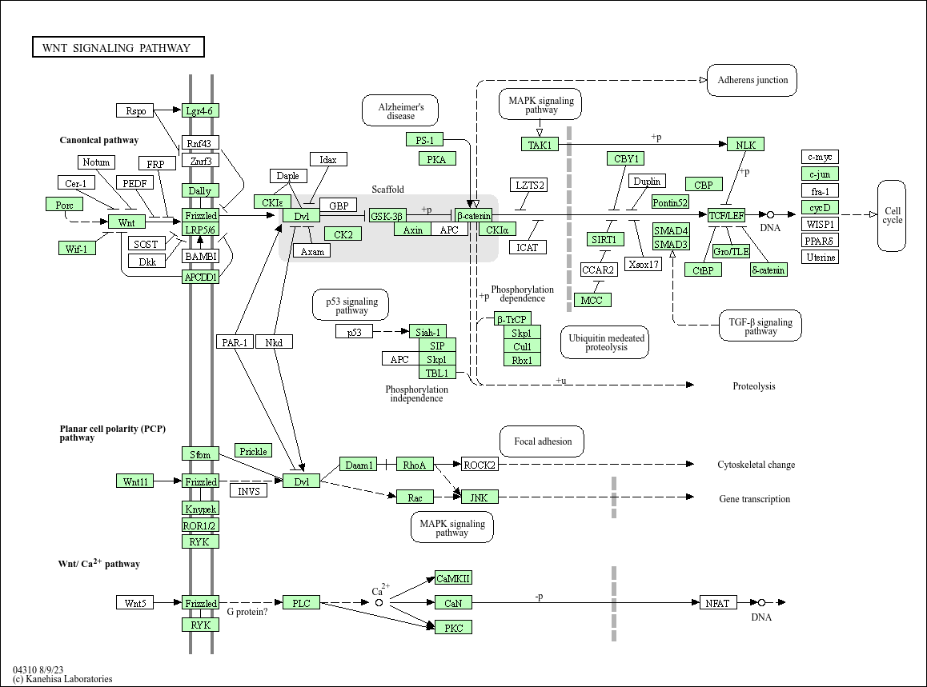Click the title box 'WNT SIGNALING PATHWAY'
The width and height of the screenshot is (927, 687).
coord(118,48)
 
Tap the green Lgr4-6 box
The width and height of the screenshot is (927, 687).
coord(200,110)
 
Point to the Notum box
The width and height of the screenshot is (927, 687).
coord(96,162)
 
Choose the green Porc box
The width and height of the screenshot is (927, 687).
coord(64,204)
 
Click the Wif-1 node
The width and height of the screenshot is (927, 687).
coord(77,248)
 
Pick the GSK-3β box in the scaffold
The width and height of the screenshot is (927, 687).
coord(387,216)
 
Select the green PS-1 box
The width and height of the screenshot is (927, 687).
coord(424,140)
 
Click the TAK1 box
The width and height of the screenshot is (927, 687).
coord(540,145)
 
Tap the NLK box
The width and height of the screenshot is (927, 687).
coord(745,145)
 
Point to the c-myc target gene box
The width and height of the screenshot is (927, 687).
coord(821,157)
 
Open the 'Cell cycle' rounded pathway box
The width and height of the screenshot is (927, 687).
coord(892,216)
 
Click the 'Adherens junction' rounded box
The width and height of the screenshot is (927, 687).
coord(752,80)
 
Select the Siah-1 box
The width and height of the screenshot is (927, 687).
coord(427,332)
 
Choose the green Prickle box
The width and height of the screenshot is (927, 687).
coord(253,451)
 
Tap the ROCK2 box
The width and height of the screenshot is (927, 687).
coord(480,465)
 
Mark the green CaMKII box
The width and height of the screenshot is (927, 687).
coord(453,578)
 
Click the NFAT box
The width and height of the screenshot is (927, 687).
coord(717,603)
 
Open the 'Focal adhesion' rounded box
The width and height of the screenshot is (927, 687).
coord(542,441)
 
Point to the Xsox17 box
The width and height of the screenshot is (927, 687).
coord(644,264)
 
